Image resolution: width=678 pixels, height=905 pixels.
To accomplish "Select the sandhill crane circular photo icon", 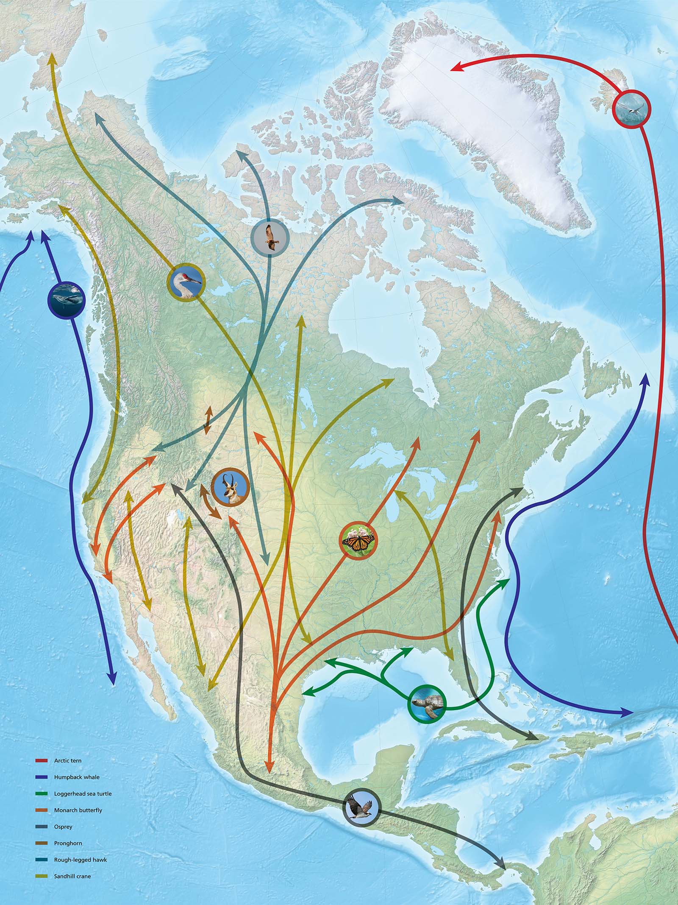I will point(187,282).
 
